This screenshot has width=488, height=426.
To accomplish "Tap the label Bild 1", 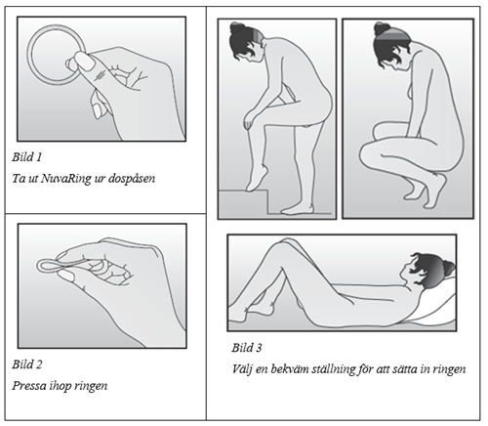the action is pos(27,157).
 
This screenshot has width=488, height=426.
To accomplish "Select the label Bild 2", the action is pos(27,364).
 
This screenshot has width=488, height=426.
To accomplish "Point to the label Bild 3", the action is pos(247,348).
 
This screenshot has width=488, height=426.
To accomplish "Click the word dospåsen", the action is pos(132,179).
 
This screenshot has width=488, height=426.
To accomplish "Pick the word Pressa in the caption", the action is pos(28,386).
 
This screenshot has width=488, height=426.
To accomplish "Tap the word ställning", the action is pos(333,370).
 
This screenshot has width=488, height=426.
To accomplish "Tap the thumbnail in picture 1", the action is pos(85,62).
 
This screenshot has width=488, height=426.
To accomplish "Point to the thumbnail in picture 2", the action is pos(66,277).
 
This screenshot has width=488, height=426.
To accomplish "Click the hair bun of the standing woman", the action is pos(235,27).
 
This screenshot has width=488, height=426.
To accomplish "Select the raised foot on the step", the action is pos(256,178).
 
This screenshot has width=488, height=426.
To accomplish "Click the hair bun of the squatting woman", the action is pos(380,28).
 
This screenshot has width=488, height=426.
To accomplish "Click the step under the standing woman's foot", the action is pos(243,202).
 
